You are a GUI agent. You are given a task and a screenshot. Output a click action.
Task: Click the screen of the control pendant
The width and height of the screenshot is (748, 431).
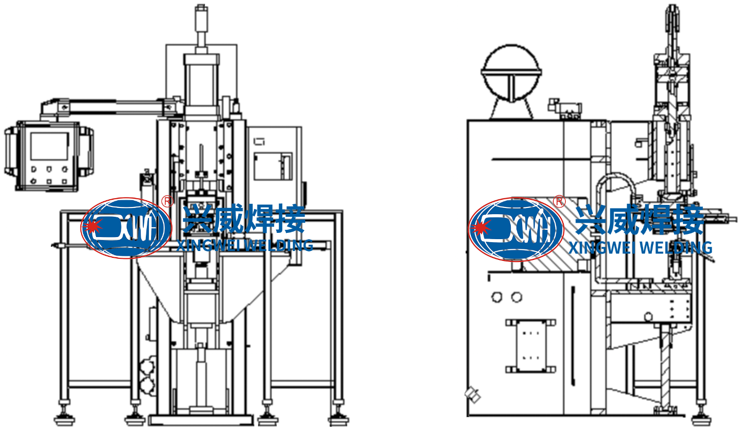[x=49, y=146]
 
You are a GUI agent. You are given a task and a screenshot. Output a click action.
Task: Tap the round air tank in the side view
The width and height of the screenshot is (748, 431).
[x=511, y=73]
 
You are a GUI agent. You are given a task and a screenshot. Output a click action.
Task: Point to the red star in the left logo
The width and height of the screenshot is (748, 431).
[x=93, y=227]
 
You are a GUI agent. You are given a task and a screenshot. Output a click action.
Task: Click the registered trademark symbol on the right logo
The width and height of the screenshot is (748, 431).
[x=559, y=202]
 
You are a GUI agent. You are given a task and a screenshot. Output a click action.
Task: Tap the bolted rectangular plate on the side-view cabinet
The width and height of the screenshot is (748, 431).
[x=531, y=345]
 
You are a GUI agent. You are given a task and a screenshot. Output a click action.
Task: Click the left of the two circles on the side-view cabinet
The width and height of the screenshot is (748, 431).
[x=497, y=297]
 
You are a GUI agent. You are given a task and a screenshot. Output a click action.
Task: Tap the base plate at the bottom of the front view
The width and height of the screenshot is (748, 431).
[x=200, y=420]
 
